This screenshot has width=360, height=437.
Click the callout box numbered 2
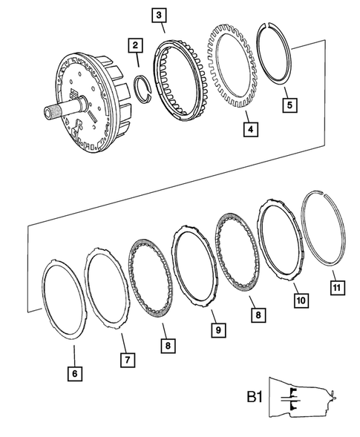[x=135, y=46]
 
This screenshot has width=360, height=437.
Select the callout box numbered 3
[x=160, y=14]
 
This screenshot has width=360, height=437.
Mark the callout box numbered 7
[x=127, y=360]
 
